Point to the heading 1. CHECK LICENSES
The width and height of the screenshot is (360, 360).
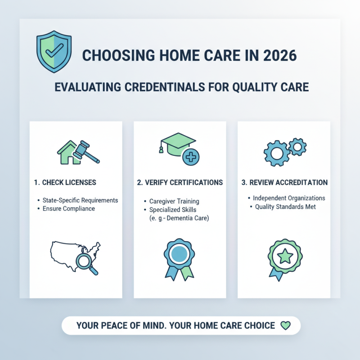pyautogui.click(x=65, y=183)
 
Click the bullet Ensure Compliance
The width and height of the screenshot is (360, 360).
pyautogui.click(x=68, y=209)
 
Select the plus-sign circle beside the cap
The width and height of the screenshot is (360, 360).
pyautogui.click(x=191, y=157)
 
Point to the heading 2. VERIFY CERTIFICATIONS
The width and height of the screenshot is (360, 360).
pyautogui.click(x=180, y=183)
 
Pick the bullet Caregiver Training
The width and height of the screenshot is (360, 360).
pyautogui.click(x=174, y=202)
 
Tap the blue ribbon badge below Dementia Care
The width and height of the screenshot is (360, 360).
pyautogui.click(x=179, y=258)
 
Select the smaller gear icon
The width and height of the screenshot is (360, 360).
pyautogui.click(x=297, y=146)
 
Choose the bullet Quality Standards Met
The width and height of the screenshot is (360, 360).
pyautogui.click(x=285, y=207)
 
